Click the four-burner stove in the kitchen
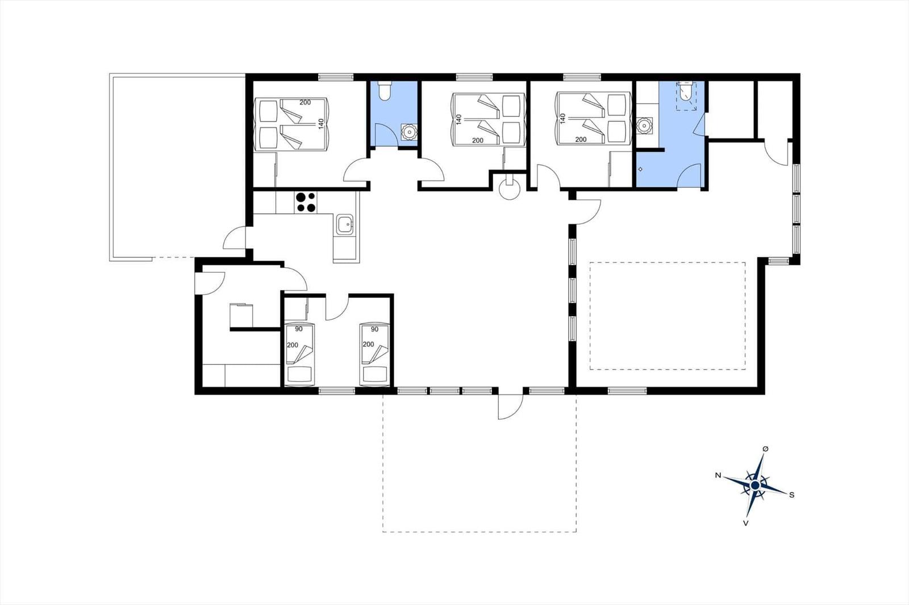[x=306, y=202]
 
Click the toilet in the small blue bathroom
[x=384, y=90]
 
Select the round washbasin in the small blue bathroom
[x=408, y=132]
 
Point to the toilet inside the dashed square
[x=685, y=91]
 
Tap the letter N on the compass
[x=718, y=475]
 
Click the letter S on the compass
[x=791, y=495]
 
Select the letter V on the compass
[x=745, y=523]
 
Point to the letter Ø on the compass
[x=766, y=449]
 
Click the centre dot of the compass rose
[x=755, y=485]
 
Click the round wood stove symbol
[x=509, y=188]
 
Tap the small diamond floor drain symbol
[x=640, y=169]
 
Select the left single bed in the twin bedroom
[x=300, y=354]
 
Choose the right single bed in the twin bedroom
[x=374, y=354]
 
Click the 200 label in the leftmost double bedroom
[x=305, y=103]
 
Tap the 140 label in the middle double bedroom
[x=459, y=119]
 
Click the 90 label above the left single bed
[x=299, y=329]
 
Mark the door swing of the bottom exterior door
[x=511, y=406]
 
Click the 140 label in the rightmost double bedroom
[x=562, y=119]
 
